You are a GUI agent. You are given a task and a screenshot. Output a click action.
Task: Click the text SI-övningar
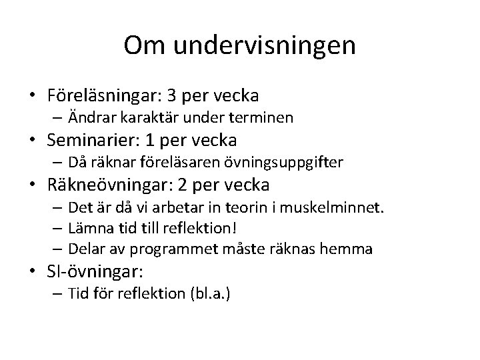tap(94, 272)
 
